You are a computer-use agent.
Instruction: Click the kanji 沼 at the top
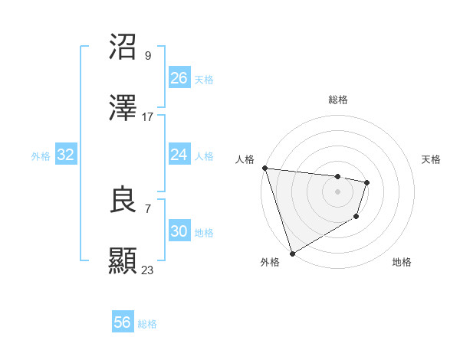coord(123,47)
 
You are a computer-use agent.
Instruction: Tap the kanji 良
coord(123,200)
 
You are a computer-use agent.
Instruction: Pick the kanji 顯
coord(123,261)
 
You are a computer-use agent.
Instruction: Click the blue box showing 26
coord(179,78)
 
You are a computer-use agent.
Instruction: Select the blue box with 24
coord(179,155)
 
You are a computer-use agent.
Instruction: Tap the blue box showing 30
coord(179,231)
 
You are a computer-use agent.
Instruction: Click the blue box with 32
coord(66,155)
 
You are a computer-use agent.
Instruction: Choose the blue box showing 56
coord(123,322)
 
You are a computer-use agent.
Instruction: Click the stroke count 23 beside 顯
coord(148,270)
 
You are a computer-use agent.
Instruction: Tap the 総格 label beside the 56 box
coord(147,324)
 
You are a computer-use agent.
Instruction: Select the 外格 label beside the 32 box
coord(41,156)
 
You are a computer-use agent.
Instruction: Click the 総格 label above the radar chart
coord(338,100)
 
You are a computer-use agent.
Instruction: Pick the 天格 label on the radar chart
coord(432,159)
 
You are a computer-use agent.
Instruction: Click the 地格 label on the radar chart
coord(402,263)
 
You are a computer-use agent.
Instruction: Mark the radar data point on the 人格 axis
coord(264,168)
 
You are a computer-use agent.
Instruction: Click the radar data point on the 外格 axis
coord(292,254)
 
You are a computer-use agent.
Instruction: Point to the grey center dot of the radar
coord(337,191)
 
